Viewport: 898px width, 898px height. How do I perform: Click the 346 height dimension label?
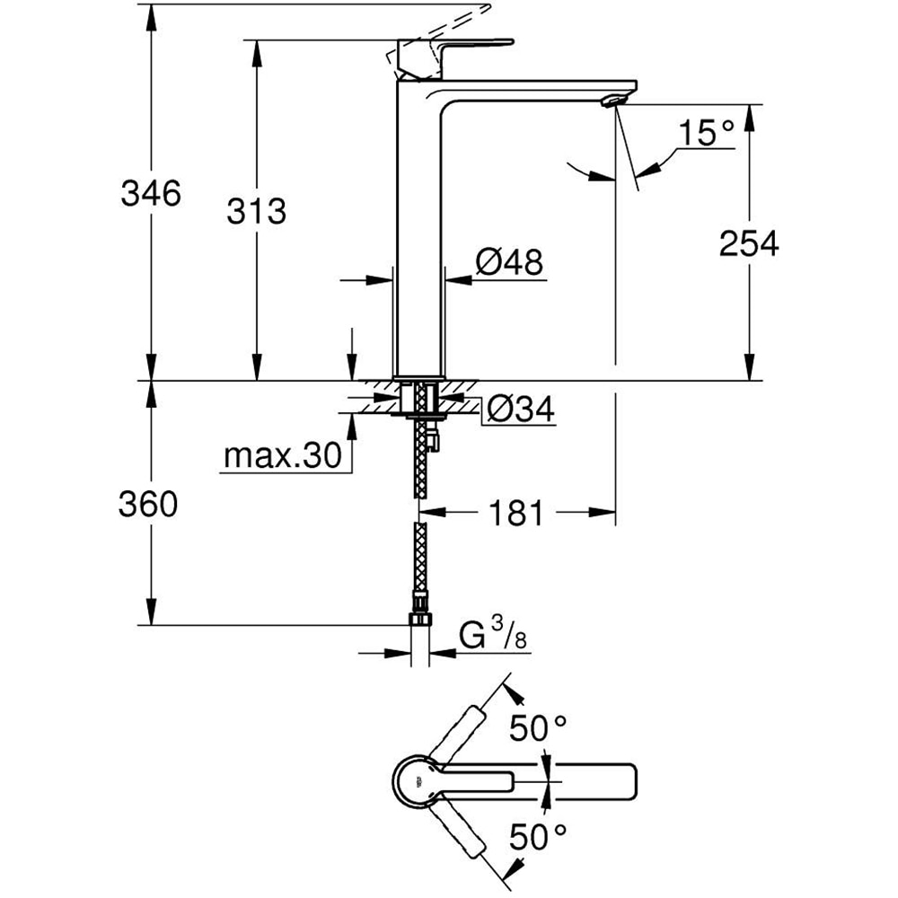click(x=151, y=192)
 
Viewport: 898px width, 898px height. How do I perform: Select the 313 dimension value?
click(x=256, y=212)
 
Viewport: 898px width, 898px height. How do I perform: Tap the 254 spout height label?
click(x=748, y=242)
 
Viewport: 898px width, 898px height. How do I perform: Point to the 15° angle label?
click(x=706, y=135)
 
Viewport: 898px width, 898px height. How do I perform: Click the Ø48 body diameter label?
click(x=509, y=263)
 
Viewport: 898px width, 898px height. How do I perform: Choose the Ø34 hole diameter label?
click(x=520, y=410)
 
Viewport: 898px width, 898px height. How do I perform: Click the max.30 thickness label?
click(x=282, y=457)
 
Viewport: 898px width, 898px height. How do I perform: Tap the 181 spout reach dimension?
click(x=516, y=514)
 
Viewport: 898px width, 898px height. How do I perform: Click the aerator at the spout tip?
click(x=613, y=100)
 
